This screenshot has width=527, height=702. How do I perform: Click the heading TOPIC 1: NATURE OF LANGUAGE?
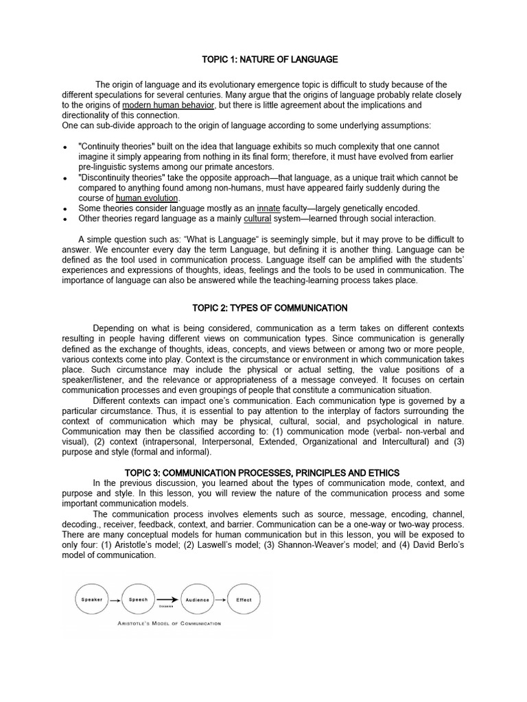coord(263,60)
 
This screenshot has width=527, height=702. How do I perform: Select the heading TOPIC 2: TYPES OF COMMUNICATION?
coord(263,308)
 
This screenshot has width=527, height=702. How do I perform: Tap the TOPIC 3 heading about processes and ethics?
coord(263,473)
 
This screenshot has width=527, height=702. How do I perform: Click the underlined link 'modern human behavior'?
coord(169,106)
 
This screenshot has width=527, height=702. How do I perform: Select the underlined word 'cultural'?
coord(257,218)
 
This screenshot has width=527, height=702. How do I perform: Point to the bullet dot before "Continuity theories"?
coord(65,147)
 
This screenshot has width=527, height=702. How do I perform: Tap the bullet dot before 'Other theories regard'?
coord(65,219)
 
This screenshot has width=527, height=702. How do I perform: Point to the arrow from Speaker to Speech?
coord(115,599)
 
